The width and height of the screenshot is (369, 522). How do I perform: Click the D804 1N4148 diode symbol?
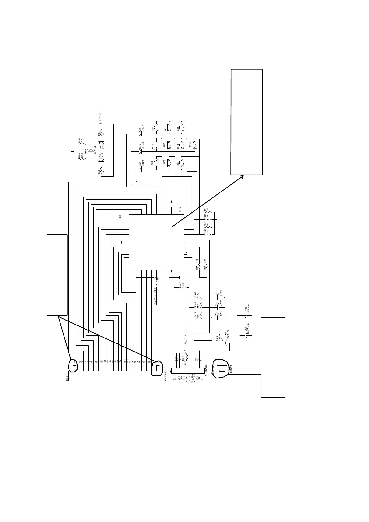pyautogui.click(x=140, y=134)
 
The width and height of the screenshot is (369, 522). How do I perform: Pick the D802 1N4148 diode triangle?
pyautogui.click(x=140, y=169)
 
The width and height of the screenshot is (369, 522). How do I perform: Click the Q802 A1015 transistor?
pyautogui.click(x=101, y=144)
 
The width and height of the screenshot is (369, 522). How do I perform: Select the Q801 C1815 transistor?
pyautogui.click(x=101, y=159)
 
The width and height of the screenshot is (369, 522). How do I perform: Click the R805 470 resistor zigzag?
pyautogui.click(x=81, y=144)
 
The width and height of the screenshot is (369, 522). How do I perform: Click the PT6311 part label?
pyautogui.click(x=180, y=208)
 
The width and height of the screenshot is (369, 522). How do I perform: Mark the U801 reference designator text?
pyautogui.click(x=120, y=217)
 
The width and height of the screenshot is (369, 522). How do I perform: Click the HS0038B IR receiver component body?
pyautogui.click(x=221, y=368)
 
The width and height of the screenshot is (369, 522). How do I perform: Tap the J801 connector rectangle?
pyautogui.click(x=188, y=370)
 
